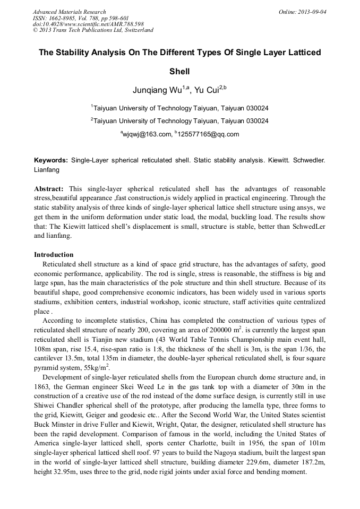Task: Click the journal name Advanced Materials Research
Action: pos(69,12)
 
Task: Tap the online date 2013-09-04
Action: pos(312,12)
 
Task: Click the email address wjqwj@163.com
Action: pos(147,134)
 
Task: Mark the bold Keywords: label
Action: pos(51,160)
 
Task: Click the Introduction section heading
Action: pos(54,254)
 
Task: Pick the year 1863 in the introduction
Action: pos(44,386)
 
